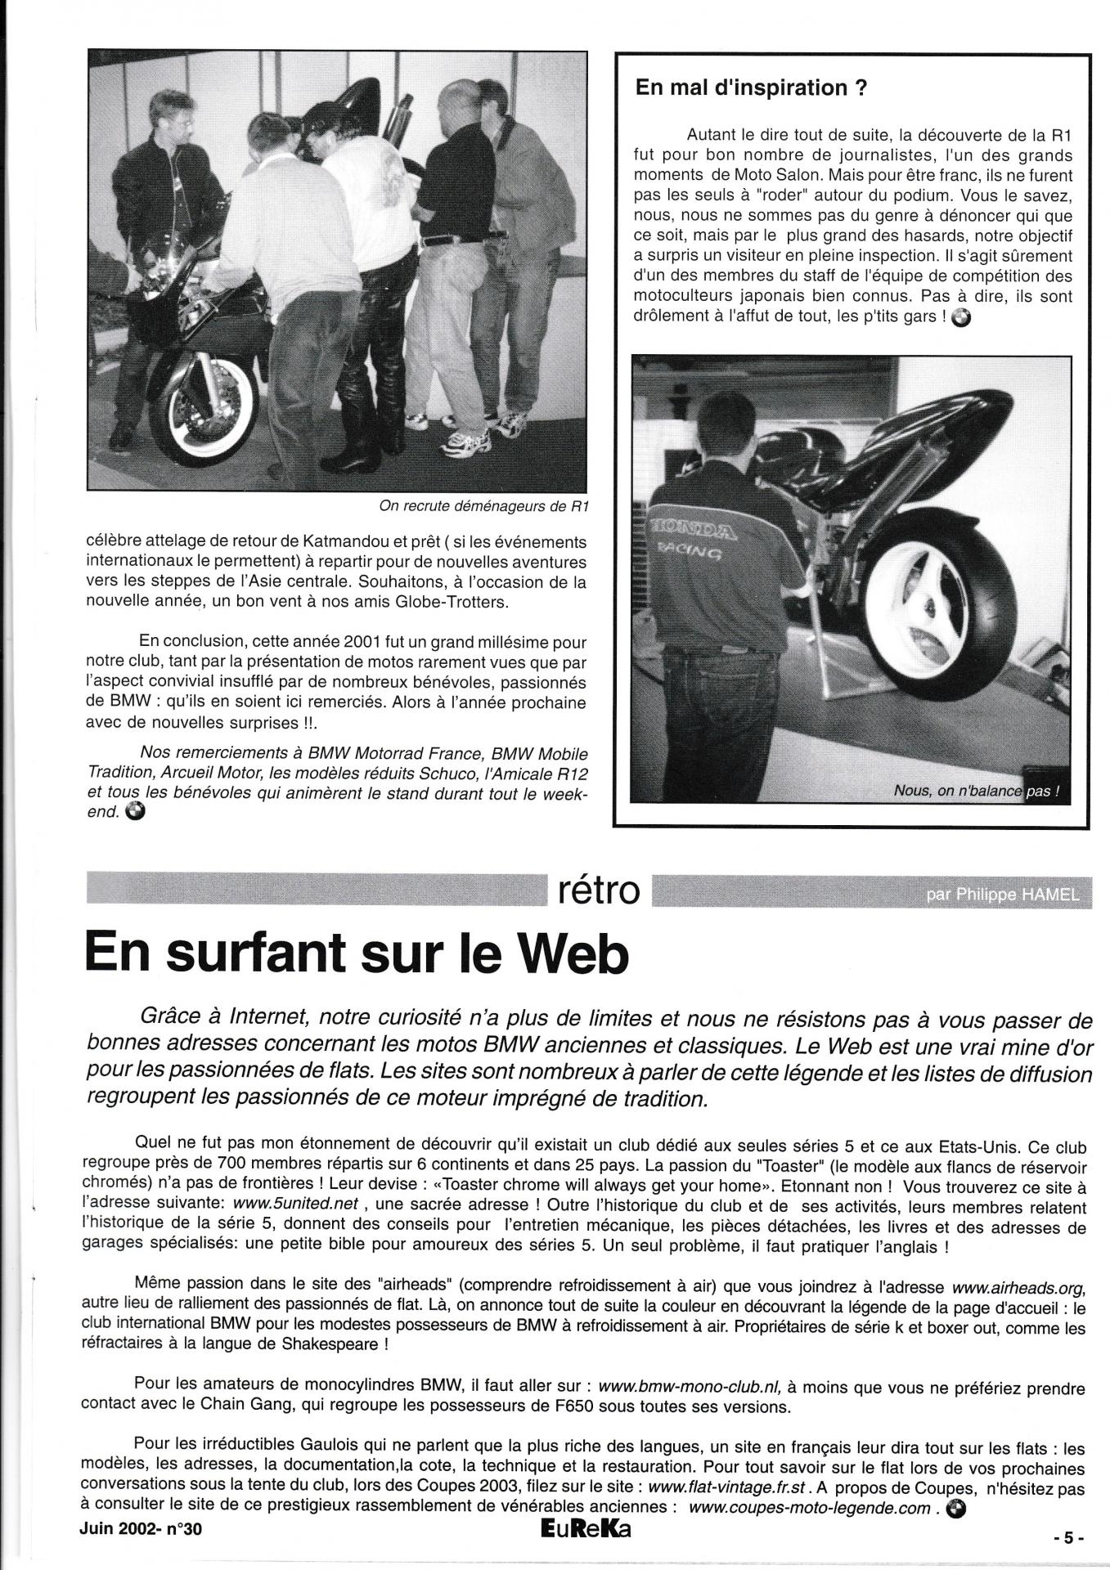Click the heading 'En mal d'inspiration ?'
coord(750,89)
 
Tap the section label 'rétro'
coord(597,890)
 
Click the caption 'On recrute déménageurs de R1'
coord(483,506)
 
